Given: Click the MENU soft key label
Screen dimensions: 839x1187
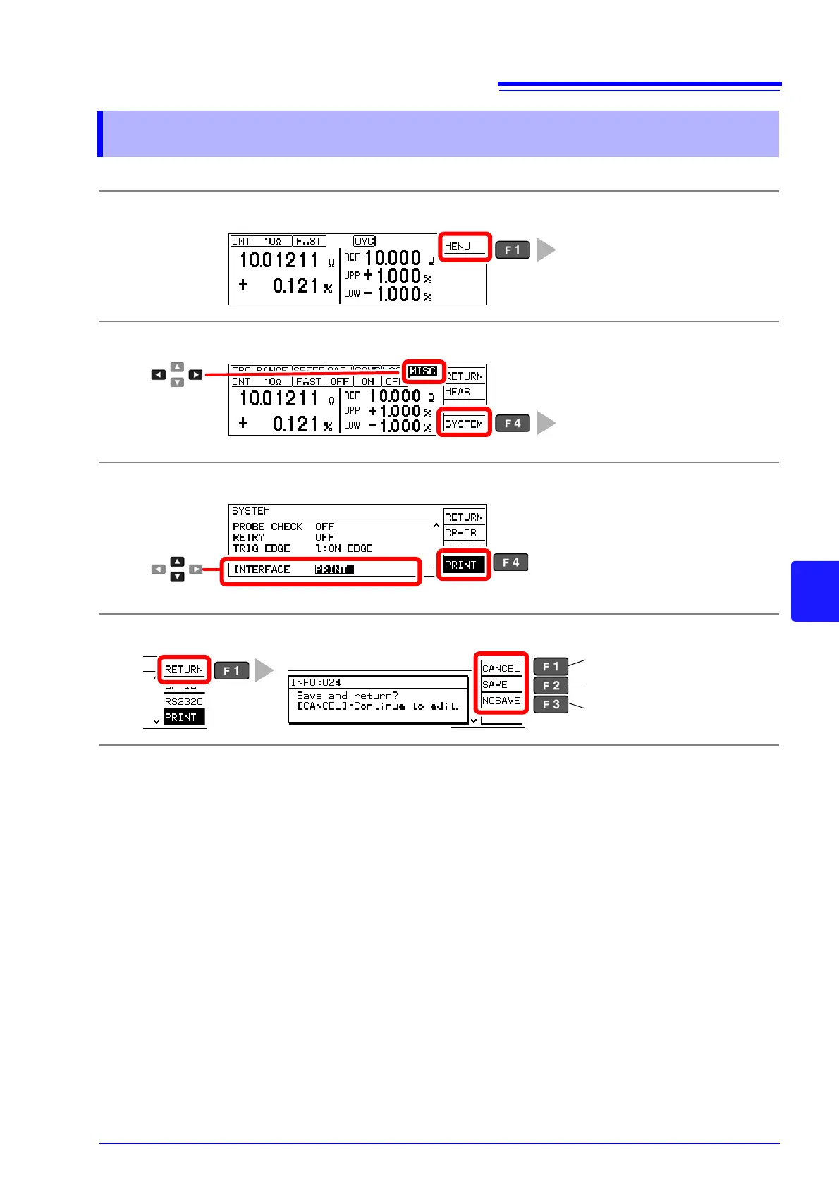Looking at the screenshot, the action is click(x=458, y=247).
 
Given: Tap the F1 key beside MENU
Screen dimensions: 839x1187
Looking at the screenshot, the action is click(x=513, y=250).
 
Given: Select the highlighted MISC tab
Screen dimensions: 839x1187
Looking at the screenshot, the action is click(x=423, y=371).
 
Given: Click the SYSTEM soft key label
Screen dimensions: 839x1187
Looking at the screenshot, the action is click(x=464, y=424).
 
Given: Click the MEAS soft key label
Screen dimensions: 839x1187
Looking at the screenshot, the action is click(x=458, y=393).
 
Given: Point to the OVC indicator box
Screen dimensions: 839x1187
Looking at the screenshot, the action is click(x=365, y=241).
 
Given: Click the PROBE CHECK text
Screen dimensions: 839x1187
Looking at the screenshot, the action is click(x=267, y=527).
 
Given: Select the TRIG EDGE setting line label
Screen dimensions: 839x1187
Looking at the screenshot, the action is click(x=262, y=548).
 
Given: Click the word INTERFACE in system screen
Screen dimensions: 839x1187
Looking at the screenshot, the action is click(x=262, y=570).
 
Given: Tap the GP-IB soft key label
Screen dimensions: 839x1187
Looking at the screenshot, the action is click(x=461, y=534).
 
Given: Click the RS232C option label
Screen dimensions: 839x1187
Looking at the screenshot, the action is click(x=184, y=701).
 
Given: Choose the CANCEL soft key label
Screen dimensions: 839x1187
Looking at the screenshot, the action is click(x=501, y=668).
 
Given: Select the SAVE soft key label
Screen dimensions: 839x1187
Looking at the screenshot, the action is click(x=495, y=684).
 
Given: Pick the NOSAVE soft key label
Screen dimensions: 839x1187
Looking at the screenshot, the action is click(x=501, y=701).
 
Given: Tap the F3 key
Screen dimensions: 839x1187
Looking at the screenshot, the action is click(x=551, y=704).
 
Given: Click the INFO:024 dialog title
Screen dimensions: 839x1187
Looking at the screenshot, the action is click(x=316, y=682).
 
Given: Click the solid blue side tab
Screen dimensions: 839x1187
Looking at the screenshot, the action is click(x=815, y=591).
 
